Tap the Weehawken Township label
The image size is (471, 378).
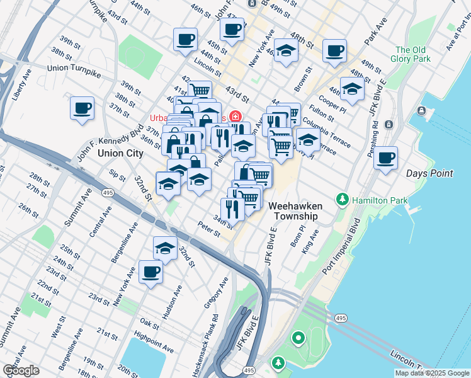click(296, 211)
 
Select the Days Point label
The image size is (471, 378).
click(430, 173)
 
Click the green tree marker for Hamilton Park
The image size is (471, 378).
click(342, 200)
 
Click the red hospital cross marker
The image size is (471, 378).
click(235, 117)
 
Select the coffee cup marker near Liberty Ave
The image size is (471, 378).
click(82, 108)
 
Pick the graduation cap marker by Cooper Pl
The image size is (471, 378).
click(352, 89)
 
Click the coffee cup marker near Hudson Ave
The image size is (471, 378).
click(150, 272)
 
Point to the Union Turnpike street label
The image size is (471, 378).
click(74, 67)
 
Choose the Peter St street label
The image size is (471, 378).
click(208, 229)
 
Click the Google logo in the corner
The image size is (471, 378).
click(21, 370)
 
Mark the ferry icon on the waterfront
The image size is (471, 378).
click(421, 113)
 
